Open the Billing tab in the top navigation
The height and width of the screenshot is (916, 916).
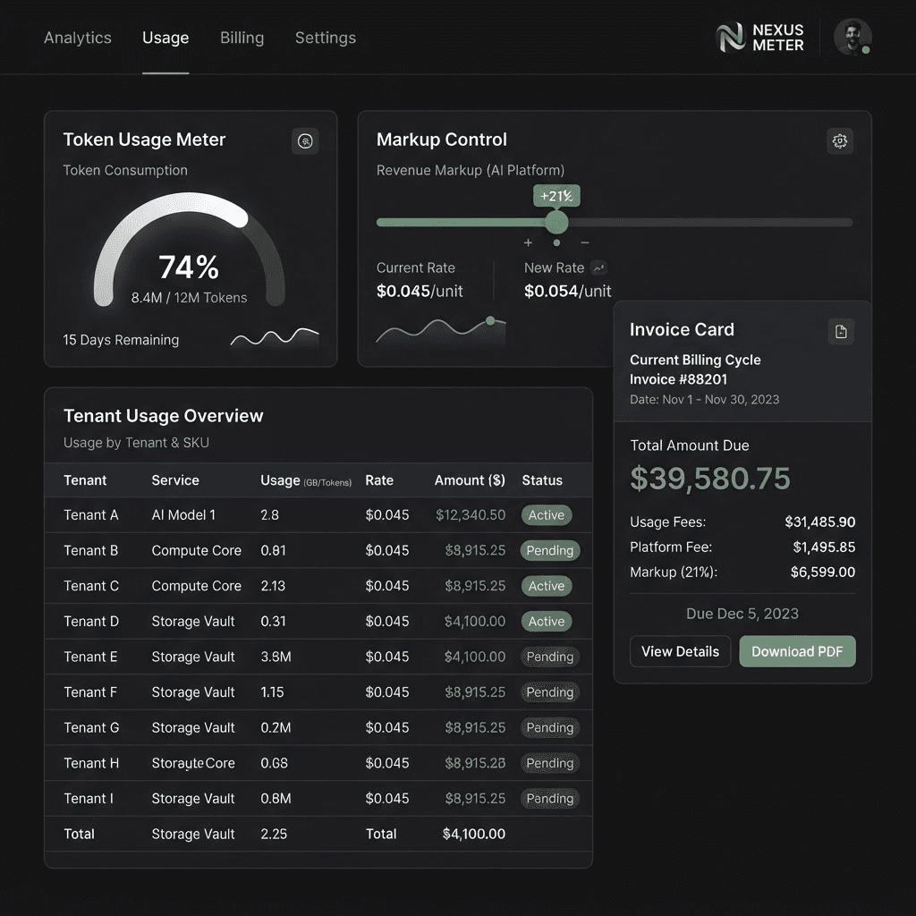point(242,38)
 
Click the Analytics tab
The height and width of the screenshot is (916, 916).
point(78,38)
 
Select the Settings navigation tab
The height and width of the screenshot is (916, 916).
point(326,38)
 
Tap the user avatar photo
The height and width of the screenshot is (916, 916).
point(852,37)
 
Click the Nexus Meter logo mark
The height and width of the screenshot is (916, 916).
point(731,38)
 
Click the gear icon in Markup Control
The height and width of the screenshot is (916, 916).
point(840,140)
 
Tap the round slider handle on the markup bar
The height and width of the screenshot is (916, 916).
point(556,222)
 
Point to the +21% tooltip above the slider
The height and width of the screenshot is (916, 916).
point(556,196)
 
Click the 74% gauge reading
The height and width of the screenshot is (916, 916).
point(189,267)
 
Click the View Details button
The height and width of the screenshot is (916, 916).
point(680,651)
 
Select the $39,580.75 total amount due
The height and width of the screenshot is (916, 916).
point(709,479)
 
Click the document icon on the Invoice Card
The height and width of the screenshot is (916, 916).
point(841,332)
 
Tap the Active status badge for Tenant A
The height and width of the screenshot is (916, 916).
point(547,515)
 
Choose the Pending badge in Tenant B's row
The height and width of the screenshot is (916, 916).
point(550,550)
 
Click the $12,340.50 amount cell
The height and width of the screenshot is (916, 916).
point(471,515)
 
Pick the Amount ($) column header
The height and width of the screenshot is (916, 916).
point(470,480)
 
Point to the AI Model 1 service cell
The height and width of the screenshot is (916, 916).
point(183,515)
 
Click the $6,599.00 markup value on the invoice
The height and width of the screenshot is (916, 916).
point(823,572)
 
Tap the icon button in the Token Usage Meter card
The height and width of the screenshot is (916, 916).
point(305,140)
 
